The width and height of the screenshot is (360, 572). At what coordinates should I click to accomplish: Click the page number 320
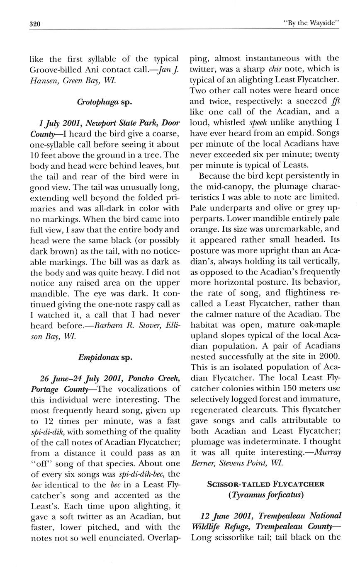click(x=35, y=24)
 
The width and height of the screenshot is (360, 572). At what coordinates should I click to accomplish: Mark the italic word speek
click(x=260, y=122)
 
